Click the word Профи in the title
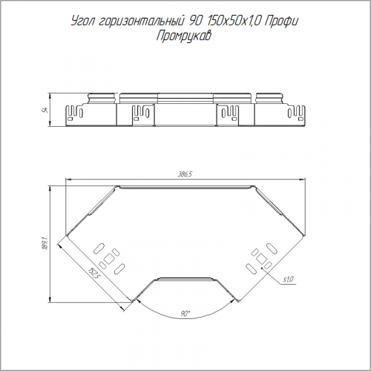click(x=281, y=22)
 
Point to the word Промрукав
click(x=184, y=36)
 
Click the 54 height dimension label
click(x=46, y=110)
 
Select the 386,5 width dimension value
click(x=185, y=174)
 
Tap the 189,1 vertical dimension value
click(x=45, y=244)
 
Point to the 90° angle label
click(x=184, y=314)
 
